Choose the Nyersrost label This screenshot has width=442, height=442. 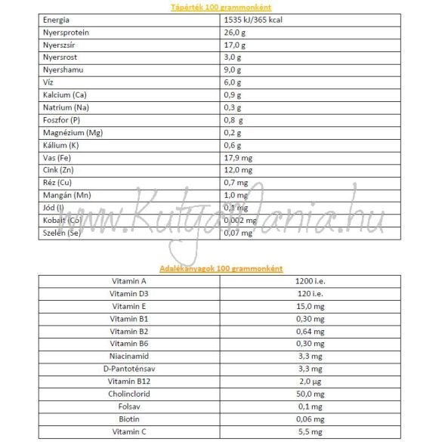point(60,57)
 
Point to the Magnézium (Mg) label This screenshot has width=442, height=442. point(73,132)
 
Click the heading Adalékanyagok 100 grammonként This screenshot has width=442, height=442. point(221,268)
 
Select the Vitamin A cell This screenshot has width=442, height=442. point(128,281)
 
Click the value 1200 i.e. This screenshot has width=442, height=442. point(310,281)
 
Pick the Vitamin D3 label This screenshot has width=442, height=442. point(128,293)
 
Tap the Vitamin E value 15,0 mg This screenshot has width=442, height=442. point(310,306)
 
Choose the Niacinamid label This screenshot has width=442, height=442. point(128,356)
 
